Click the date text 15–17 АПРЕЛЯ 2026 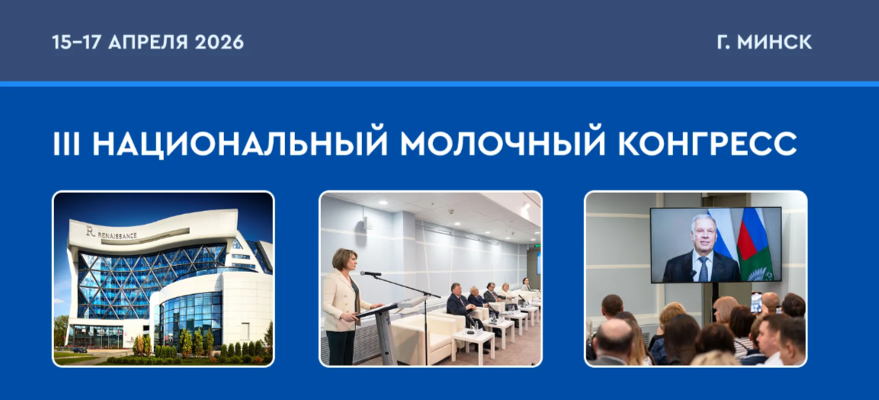[148, 43]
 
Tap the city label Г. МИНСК [764, 43]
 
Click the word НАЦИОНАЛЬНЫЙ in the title [240, 145]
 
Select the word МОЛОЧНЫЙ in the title [503, 145]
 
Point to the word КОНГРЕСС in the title [707, 145]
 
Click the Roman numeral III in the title [67, 145]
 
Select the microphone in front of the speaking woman [371, 274]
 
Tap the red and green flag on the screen [755, 245]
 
